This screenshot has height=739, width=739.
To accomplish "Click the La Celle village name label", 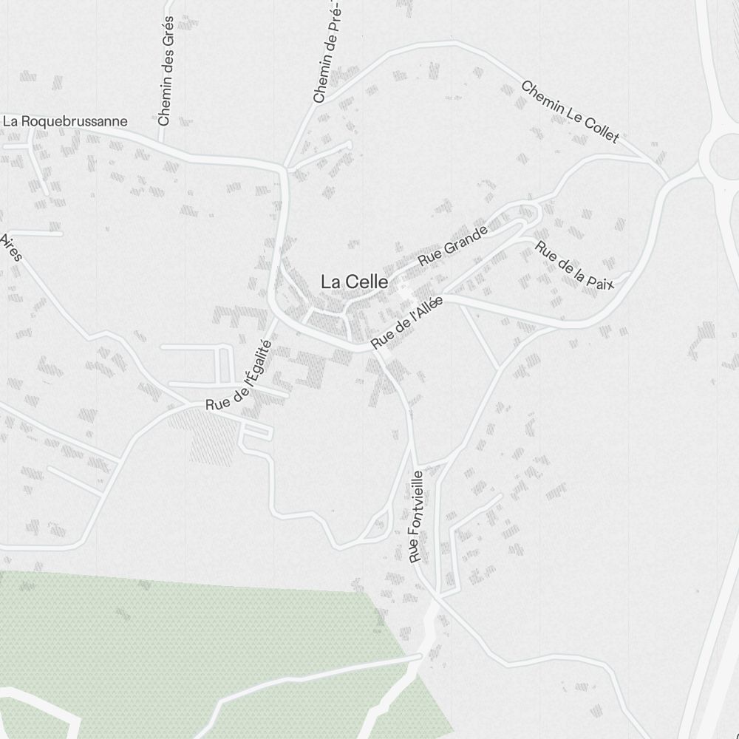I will pyautogui.click(x=354, y=282).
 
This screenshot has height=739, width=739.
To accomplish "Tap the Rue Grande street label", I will pyautogui.click(x=453, y=246).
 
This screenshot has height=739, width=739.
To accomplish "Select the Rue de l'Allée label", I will pyautogui.click(x=406, y=322).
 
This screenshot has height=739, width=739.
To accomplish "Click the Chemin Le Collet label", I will pyautogui.click(x=570, y=112).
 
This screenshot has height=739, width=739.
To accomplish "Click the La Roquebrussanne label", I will pyautogui.click(x=65, y=121).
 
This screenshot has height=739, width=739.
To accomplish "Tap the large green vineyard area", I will pyautogui.click(x=185, y=636).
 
